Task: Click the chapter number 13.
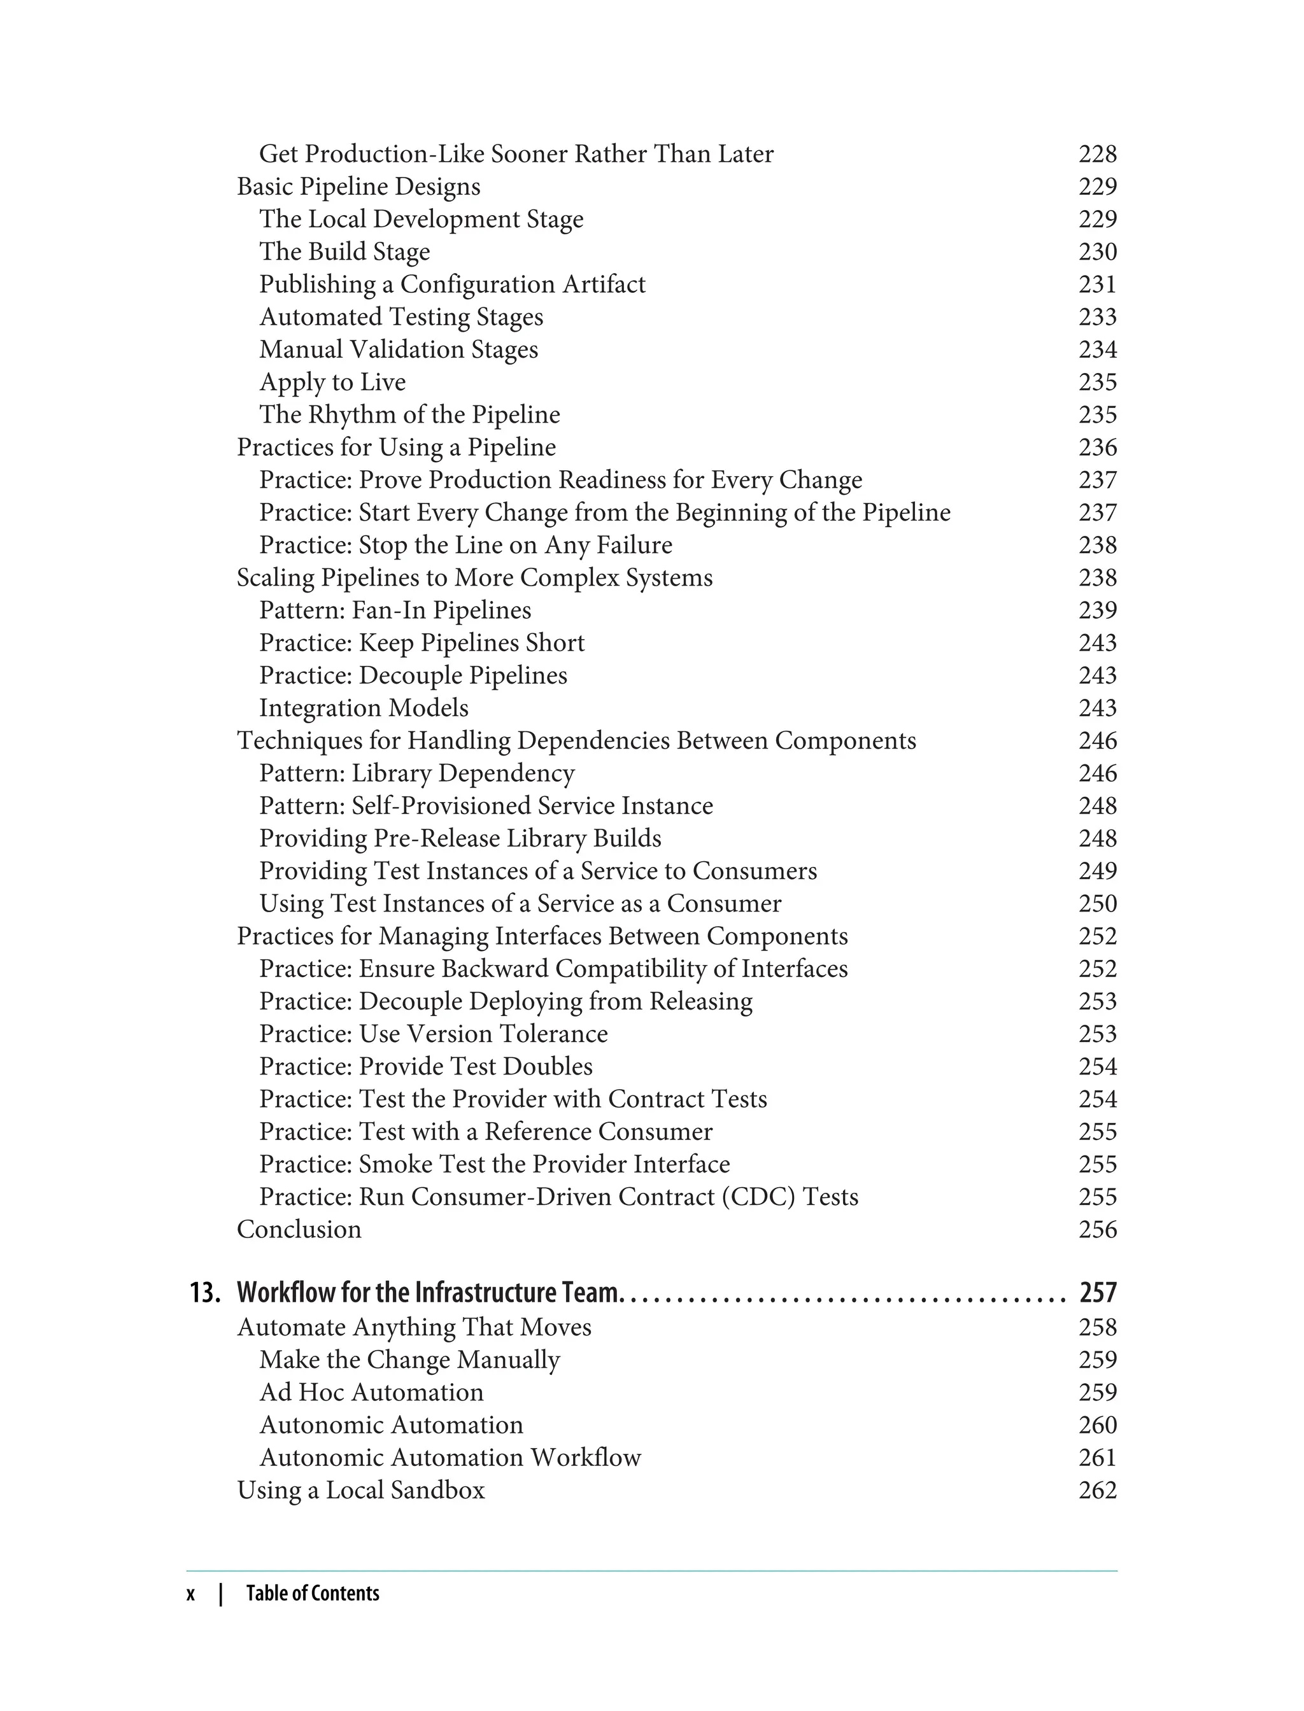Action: coord(205,1293)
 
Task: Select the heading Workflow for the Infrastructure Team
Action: coord(429,1293)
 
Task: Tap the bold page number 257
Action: coord(1098,1293)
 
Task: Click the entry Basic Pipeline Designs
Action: coord(358,187)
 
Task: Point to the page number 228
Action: coord(1098,155)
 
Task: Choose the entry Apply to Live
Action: coord(332,383)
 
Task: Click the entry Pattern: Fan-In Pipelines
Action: coord(395,610)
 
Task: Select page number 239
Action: coord(1098,610)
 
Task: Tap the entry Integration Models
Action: coord(364,708)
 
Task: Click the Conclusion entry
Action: coord(299,1230)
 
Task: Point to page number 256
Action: coord(1098,1230)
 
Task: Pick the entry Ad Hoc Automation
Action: coord(371,1393)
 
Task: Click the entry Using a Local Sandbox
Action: coord(360,1491)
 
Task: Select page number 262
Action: coord(1098,1491)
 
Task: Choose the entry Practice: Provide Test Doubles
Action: coord(425,1067)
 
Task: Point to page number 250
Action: coord(1098,904)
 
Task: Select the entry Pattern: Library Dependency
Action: coord(417,773)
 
